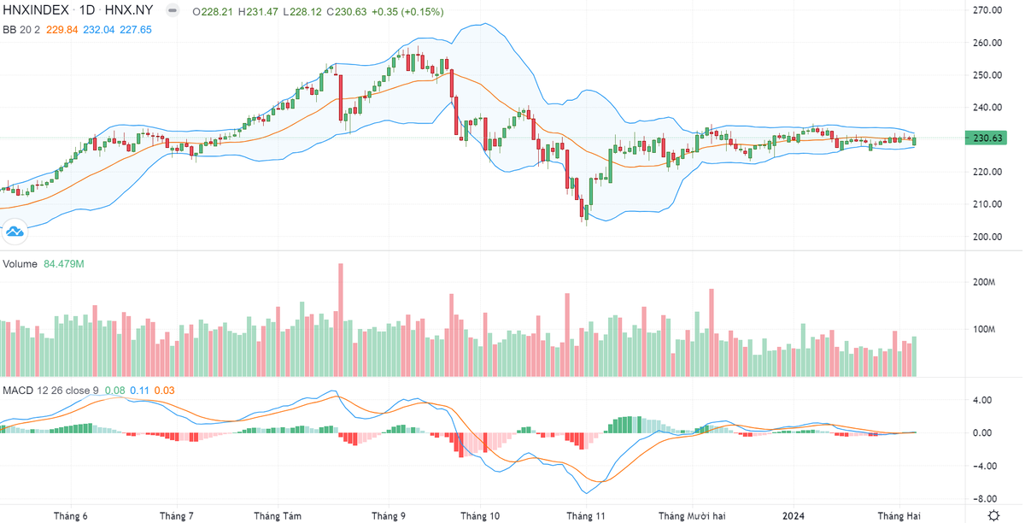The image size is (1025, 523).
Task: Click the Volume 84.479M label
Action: pos(44,264)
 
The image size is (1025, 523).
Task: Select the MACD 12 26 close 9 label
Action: pos(50,391)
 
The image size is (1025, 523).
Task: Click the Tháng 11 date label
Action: pos(586,516)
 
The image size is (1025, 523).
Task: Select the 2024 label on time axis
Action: pos(794,516)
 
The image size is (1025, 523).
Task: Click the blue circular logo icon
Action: pos(15,231)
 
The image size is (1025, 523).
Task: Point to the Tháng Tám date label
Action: pos(278,516)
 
